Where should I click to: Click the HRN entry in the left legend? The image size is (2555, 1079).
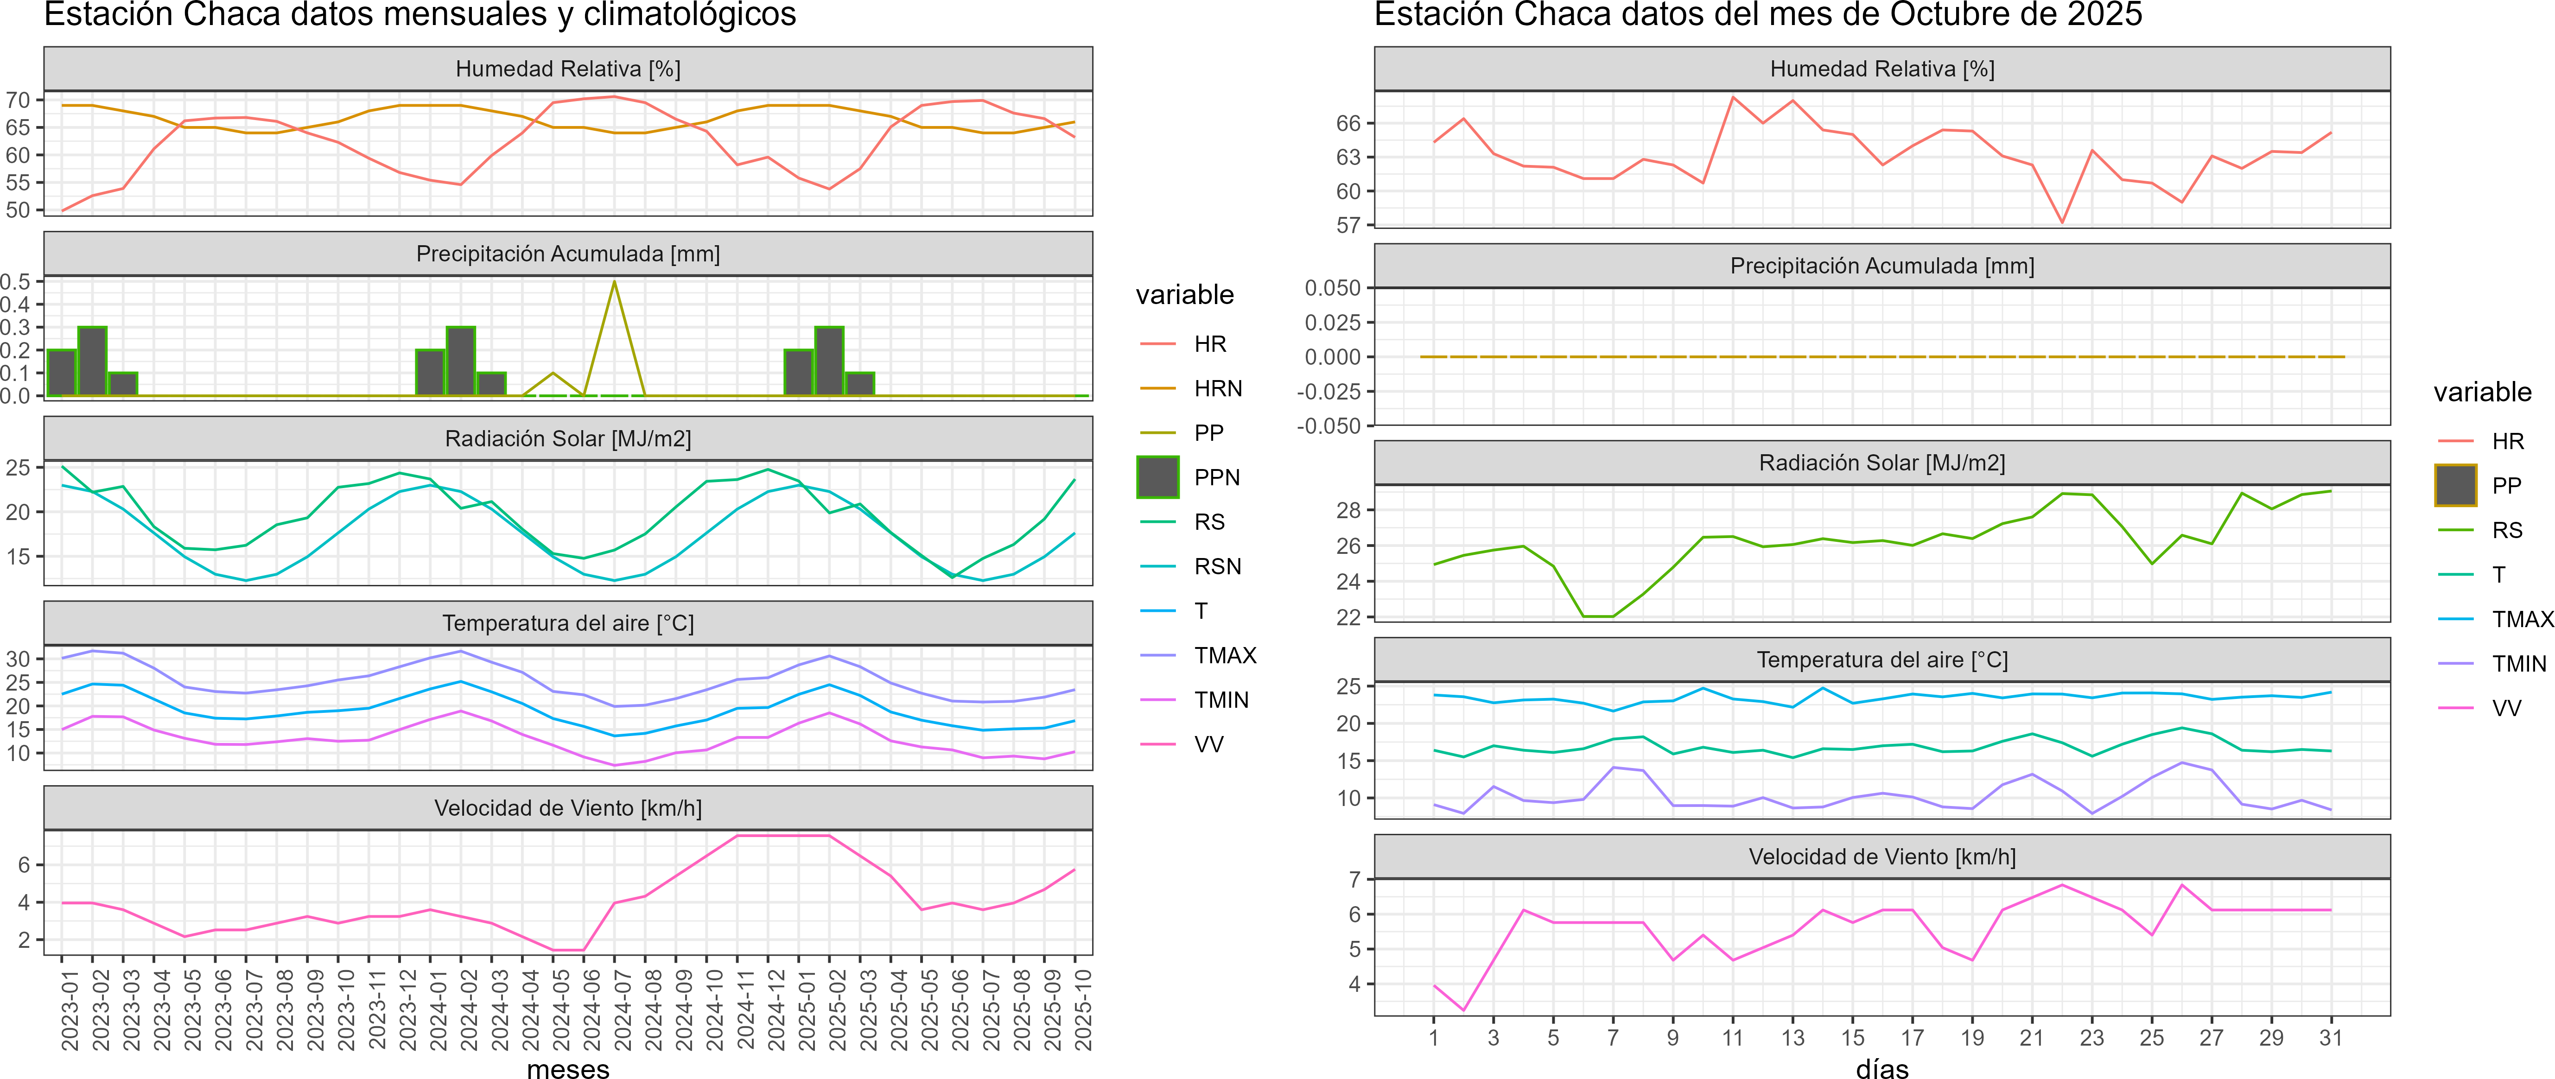pos(1217,389)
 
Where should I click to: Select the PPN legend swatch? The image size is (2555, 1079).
pos(1157,477)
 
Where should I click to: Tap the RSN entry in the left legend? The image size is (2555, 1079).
pos(1217,566)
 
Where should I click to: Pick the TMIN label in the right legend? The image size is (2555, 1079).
pos(2518,663)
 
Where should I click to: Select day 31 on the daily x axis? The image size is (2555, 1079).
pos(2331,1037)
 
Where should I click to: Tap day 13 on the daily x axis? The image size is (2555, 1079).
pos(1792,1037)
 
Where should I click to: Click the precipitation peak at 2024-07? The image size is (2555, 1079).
pos(615,283)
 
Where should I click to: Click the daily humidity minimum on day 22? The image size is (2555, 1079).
pos(2062,222)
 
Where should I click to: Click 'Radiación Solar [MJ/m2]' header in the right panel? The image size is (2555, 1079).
pos(1881,463)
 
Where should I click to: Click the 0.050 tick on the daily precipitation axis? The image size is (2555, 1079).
pos(1332,288)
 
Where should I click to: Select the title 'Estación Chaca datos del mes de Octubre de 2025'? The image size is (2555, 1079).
pos(1758,15)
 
